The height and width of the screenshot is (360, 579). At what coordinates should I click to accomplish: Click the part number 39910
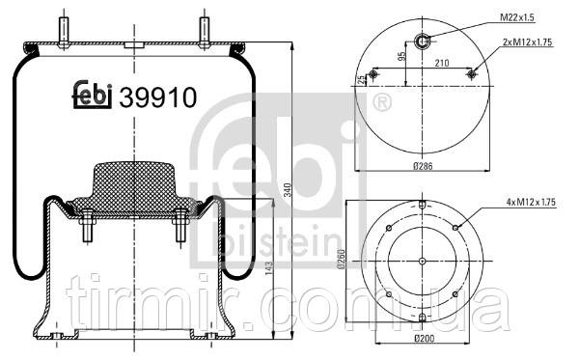pos(157,97)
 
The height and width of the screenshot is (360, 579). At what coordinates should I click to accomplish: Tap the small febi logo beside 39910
pos(92,95)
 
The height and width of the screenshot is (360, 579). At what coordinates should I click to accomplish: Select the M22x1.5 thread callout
pos(517,17)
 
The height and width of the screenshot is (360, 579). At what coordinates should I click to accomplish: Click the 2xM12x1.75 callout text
pos(527,42)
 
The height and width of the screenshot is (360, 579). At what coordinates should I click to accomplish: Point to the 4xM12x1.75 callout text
pos(531,203)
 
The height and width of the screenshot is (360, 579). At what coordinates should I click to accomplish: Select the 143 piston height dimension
pos(268,268)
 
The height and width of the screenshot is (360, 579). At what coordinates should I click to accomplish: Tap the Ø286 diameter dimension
pos(423,166)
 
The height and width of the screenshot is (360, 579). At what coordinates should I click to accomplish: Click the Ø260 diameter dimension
pos(341,260)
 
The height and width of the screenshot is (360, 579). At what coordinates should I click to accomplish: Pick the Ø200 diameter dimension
pos(424,338)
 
